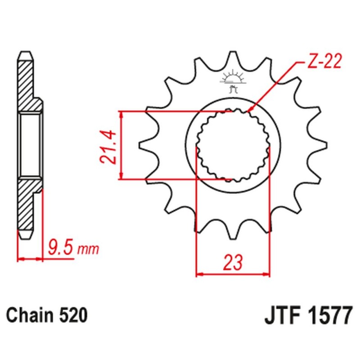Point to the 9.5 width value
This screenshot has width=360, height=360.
pos(59,247)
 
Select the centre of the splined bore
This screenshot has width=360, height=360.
pos(233,145)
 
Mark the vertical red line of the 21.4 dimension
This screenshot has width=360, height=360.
pos(121,145)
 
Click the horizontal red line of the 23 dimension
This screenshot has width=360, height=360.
pos(233,273)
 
